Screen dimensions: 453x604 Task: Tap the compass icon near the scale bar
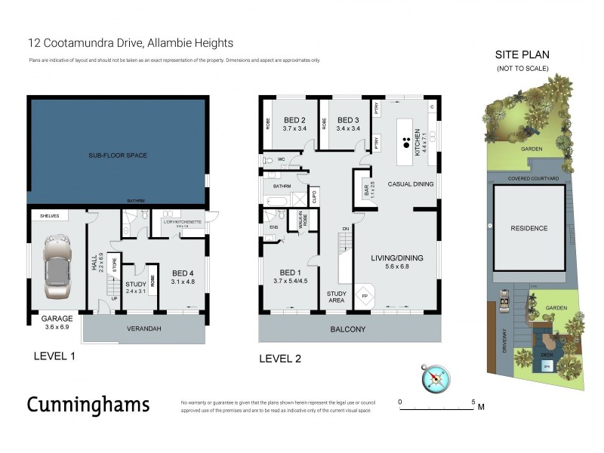(x=436, y=378)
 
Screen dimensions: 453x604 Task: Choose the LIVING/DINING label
(x=396, y=258)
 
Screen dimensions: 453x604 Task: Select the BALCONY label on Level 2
(x=349, y=329)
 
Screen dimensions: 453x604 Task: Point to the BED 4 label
(x=183, y=273)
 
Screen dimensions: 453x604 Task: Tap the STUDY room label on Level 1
(x=135, y=284)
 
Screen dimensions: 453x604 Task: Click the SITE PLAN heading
(x=522, y=55)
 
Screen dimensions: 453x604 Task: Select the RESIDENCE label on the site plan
(x=528, y=228)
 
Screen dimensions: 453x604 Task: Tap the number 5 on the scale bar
(x=473, y=402)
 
